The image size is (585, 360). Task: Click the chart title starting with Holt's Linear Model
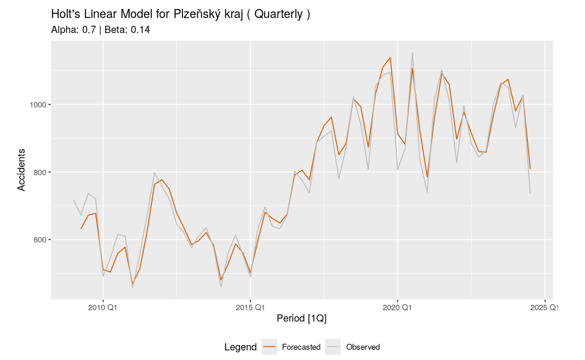click(181, 14)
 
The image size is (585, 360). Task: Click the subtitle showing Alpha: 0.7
click(100, 29)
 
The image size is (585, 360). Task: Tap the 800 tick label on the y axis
click(39, 172)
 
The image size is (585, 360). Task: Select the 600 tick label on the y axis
click(39, 240)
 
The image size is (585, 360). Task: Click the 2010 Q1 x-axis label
click(103, 308)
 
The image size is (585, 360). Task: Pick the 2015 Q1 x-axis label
click(250, 308)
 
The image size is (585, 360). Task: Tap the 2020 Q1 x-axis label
click(397, 308)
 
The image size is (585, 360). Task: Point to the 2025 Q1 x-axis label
click(545, 308)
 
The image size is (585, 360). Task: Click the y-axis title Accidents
click(22, 170)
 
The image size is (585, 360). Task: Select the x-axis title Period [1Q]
click(302, 319)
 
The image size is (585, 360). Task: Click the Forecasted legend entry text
click(301, 347)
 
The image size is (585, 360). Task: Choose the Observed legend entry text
click(363, 347)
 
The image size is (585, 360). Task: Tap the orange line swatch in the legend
click(270, 347)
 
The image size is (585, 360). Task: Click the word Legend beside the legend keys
click(241, 347)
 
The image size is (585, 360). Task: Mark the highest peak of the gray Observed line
click(412, 52)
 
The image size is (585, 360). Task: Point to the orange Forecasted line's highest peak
click(390, 58)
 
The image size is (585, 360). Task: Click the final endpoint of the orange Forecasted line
click(530, 169)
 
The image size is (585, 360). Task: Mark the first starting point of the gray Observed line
click(74, 200)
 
